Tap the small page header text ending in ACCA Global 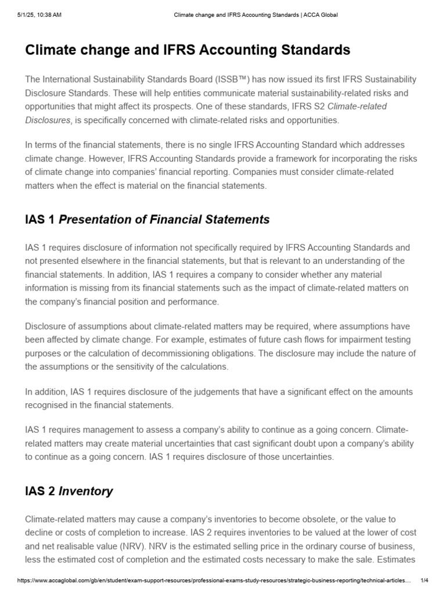256,15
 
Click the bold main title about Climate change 188,51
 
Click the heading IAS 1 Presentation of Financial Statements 148,220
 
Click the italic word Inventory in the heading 87,492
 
